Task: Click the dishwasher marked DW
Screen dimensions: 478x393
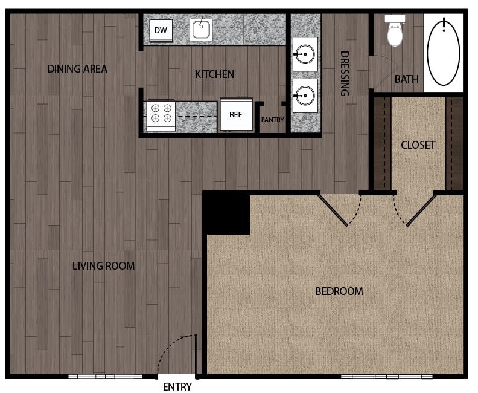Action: coord(161,30)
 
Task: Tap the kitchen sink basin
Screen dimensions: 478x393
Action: coord(201,30)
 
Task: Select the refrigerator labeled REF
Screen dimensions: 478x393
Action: coord(236,114)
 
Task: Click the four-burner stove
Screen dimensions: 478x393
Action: coord(161,116)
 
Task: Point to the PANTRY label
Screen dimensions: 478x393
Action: coord(273,120)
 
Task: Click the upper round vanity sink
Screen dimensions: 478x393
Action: coord(305,54)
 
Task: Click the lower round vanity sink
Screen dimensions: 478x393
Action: coord(305,96)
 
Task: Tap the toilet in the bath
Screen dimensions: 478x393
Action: coord(395,31)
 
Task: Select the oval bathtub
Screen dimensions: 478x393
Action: coord(444,52)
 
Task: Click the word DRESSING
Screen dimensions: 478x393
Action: coord(345,74)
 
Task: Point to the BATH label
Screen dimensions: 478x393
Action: coord(406,79)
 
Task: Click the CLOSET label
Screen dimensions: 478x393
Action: coord(418,145)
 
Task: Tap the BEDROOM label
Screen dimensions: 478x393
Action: coord(339,291)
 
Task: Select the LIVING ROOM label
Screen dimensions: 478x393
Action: coord(103,266)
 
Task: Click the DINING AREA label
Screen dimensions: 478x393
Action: coord(77,69)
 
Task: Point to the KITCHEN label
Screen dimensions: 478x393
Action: coord(214,74)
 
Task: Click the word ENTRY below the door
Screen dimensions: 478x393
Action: coord(177,387)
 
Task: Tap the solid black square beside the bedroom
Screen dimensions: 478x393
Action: coord(226,213)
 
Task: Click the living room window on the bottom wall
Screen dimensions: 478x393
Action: coord(105,377)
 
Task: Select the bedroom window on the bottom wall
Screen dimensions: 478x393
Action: coord(386,377)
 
